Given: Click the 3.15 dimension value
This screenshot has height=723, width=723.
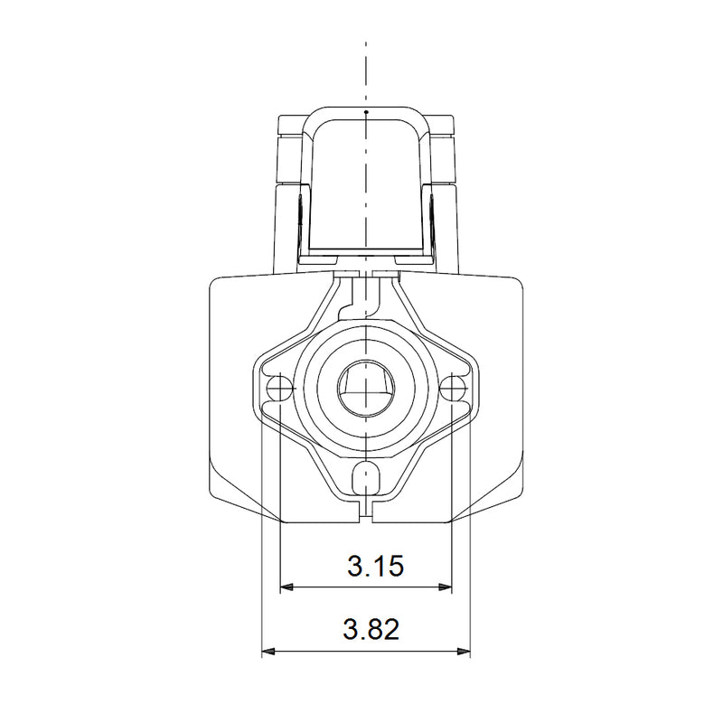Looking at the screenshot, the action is point(375,566).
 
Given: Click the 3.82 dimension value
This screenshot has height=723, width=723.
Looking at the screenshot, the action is point(371,629).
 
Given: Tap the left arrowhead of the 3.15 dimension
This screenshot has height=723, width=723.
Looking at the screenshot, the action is point(286,587).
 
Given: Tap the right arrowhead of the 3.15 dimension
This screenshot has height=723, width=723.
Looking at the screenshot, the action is point(446,587).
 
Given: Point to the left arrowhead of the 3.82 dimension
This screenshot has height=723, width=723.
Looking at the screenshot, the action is point(268,652).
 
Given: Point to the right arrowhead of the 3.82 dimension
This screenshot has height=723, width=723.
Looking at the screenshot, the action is point(464,652).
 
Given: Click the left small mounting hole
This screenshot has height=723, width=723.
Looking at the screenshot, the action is point(279,389).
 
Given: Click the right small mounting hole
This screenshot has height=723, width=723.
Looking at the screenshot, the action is point(452,389).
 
